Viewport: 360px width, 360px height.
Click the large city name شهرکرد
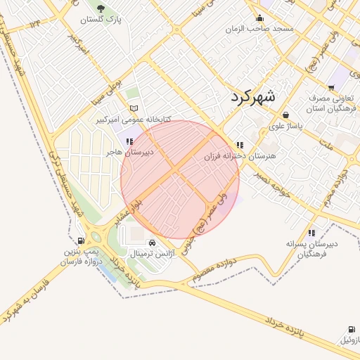point(255,96)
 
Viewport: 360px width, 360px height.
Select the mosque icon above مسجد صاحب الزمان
point(260,19)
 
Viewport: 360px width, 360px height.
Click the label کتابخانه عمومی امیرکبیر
point(143,120)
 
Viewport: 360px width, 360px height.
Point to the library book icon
point(134,109)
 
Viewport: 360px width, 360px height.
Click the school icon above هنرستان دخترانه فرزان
point(240,145)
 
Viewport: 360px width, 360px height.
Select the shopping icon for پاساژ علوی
point(285,115)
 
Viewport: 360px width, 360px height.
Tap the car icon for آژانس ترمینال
point(153,243)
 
